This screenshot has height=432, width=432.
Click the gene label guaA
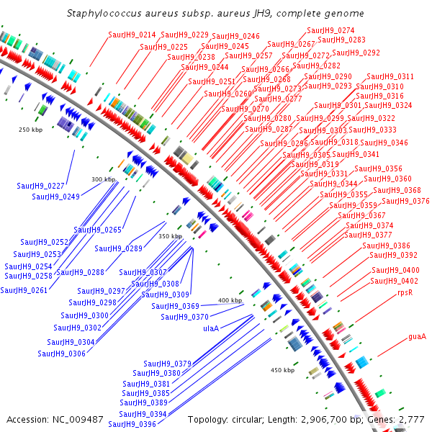pos(418,336)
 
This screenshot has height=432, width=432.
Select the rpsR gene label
pos(405,293)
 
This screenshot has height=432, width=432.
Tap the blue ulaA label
pos(210,328)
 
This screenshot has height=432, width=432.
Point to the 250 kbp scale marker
pos(32,130)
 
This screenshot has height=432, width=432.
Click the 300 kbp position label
pos(103,179)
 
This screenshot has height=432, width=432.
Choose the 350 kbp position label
pos(171,236)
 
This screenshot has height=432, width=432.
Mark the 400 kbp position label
pos(230,300)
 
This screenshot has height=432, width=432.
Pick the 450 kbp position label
pos(283,370)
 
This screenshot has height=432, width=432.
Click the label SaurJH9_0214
pos(132,35)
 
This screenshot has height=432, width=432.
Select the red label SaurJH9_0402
pos(395,281)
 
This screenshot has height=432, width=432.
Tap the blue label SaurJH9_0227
pos(41,186)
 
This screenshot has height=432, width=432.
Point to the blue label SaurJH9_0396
pos(132,424)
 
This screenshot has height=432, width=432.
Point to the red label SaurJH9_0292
pos(356,53)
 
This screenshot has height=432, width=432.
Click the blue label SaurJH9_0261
pos(24,291)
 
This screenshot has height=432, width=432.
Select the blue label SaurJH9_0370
pos(184,317)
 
